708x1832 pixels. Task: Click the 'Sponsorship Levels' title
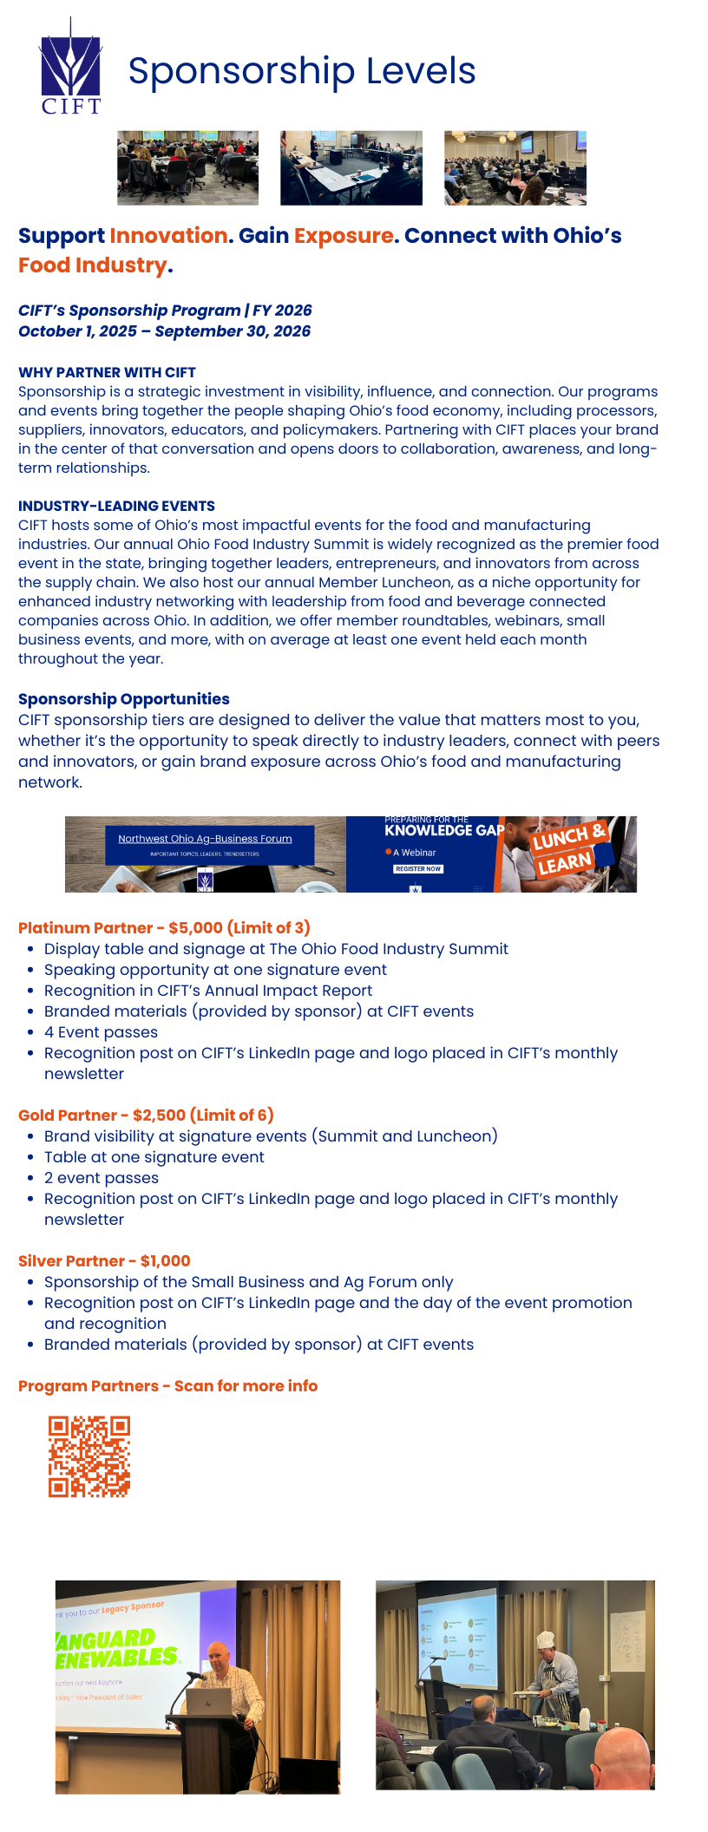click(x=302, y=71)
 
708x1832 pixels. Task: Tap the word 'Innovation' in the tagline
click(x=168, y=236)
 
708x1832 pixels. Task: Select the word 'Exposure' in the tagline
click(x=344, y=236)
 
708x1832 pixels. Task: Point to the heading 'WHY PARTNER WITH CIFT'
click(x=107, y=372)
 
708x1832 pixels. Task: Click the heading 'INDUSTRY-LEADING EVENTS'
click(x=116, y=506)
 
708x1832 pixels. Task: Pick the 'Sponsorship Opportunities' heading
click(x=124, y=699)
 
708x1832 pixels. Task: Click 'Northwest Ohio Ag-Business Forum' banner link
click(x=205, y=839)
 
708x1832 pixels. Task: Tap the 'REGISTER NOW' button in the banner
click(x=418, y=868)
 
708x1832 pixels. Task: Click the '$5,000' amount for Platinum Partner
click(x=196, y=928)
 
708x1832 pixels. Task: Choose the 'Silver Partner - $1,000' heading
click(x=104, y=1261)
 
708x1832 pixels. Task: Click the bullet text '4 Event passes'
click(x=101, y=1032)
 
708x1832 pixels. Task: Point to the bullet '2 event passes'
click(x=102, y=1178)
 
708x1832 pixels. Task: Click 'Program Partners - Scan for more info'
click(x=167, y=1386)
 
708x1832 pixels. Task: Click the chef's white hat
click(x=545, y=1639)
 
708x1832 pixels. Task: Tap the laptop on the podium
click(x=208, y=1701)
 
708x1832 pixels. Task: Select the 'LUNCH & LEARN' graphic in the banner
click(x=567, y=851)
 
